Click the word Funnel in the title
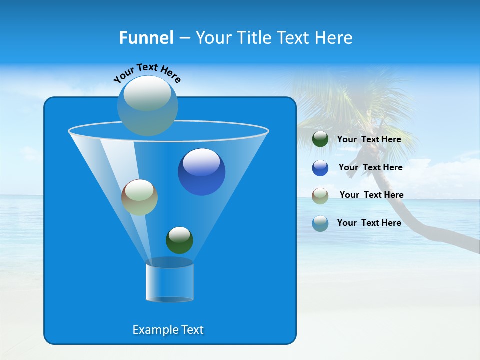(x=146, y=38)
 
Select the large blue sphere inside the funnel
(x=201, y=172)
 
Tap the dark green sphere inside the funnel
(x=179, y=240)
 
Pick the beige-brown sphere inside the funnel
(x=139, y=198)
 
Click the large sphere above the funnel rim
(x=147, y=105)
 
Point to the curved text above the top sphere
(x=147, y=72)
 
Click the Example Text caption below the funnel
(x=168, y=330)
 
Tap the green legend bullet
(x=320, y=139)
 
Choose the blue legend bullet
(x=320, y=168)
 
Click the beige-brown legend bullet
(x=320, y=195)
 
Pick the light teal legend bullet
(x=320, y=223)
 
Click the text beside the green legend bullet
(x=369, y=140)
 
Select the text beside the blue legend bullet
(x=370, y=168)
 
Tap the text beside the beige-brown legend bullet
(x=371, y=195)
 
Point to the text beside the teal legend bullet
(x=369, y=223)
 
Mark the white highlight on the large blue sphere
(x=201, y=161)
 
